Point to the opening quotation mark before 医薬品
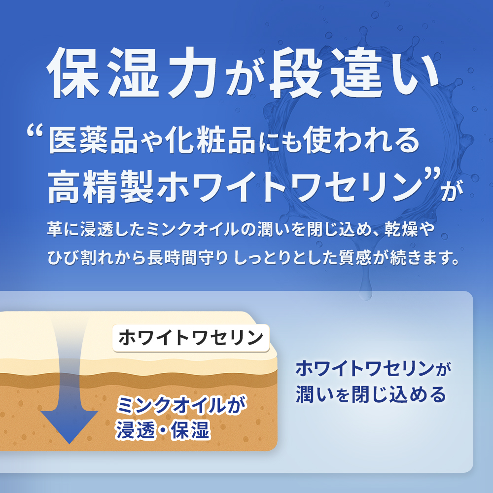pos(35,130)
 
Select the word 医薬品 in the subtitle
pos(93,140)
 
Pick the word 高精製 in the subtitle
pos(101,186)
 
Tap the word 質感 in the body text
pos(355,257)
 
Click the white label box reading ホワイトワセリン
pos(191,338)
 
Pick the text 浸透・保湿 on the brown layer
pos(163,430)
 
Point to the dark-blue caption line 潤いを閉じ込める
pos(371,394)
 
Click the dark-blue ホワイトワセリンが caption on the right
pos(373,368)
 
